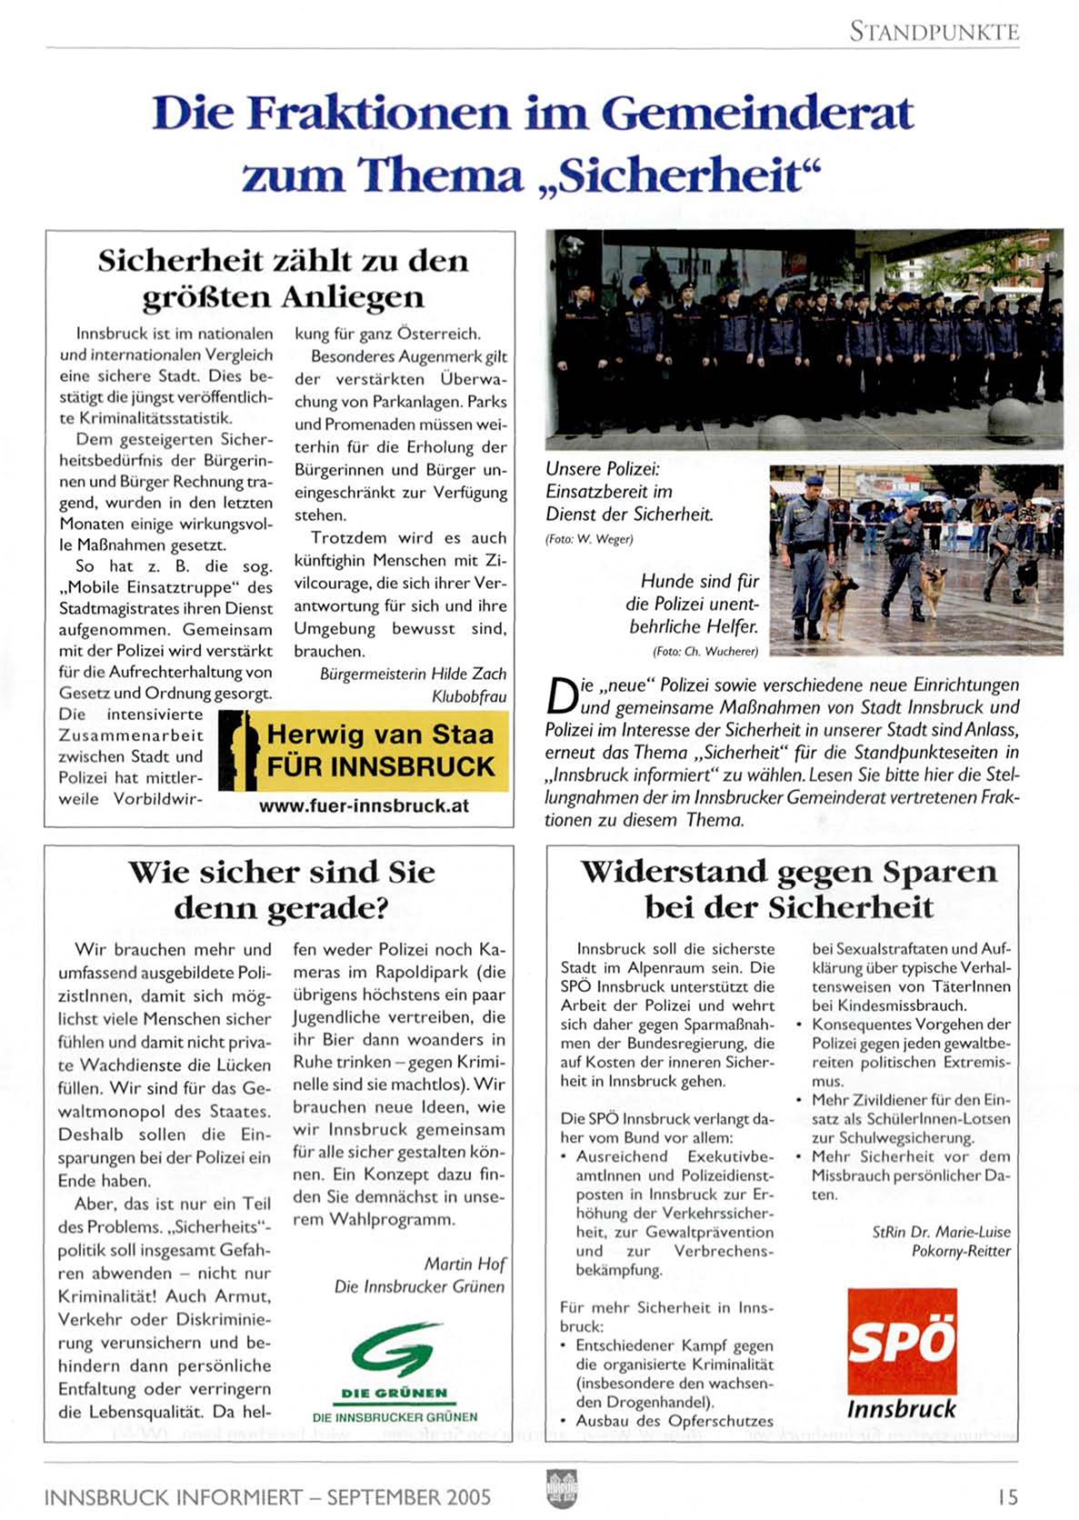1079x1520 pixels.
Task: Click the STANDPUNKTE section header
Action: point(934,32)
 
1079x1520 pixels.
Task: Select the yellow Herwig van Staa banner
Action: point(365,751)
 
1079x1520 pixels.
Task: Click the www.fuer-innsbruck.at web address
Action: point(364,805)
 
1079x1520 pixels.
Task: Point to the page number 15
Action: point(1006,1496)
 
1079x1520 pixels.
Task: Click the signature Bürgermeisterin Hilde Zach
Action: point(413,674)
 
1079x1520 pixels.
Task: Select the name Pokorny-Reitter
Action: point(961,1251)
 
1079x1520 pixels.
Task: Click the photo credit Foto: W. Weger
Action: point(589,539)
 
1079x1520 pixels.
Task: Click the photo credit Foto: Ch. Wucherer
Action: point(704,651)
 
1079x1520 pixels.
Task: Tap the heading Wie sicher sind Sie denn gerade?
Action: point(281,889)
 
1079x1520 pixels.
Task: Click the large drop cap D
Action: point(562,697)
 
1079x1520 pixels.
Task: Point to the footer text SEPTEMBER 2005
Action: point(408,1496)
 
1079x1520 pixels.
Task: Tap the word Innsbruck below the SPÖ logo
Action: point(901,1409)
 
